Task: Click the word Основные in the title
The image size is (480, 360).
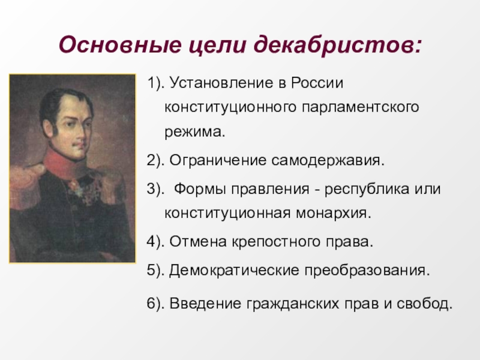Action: coord(119,44)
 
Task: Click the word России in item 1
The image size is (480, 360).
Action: coord(317,83)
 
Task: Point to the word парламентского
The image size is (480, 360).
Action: coord(361,108)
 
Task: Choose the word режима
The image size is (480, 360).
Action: coord(194,132)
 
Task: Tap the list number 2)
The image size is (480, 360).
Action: coord(156,160)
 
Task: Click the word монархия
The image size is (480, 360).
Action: coord(334,214)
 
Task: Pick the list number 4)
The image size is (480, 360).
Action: coord(156,242)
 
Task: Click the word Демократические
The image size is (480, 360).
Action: coord(234,271)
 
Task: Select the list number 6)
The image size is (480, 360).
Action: coord(156,304)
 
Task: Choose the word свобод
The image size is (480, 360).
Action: coord(425,304)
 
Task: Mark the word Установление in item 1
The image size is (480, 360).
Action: coord(221,83)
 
